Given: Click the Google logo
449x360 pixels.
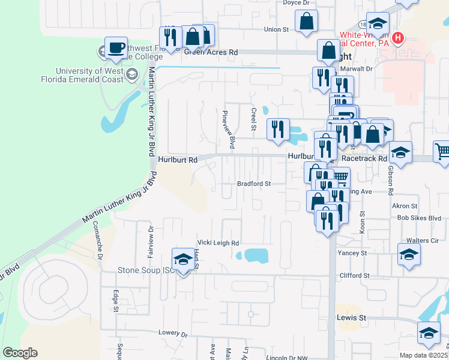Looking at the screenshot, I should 20,353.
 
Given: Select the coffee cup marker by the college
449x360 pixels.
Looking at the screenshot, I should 116,48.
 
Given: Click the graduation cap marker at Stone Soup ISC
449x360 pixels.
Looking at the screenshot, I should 182,259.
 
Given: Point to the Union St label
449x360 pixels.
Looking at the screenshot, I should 277,29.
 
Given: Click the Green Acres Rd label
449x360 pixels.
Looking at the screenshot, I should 211,52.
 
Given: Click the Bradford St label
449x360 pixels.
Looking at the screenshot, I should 255,184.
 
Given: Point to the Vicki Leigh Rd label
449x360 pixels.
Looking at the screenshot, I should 218,243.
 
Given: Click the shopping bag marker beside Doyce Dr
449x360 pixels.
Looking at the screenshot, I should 306,22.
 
